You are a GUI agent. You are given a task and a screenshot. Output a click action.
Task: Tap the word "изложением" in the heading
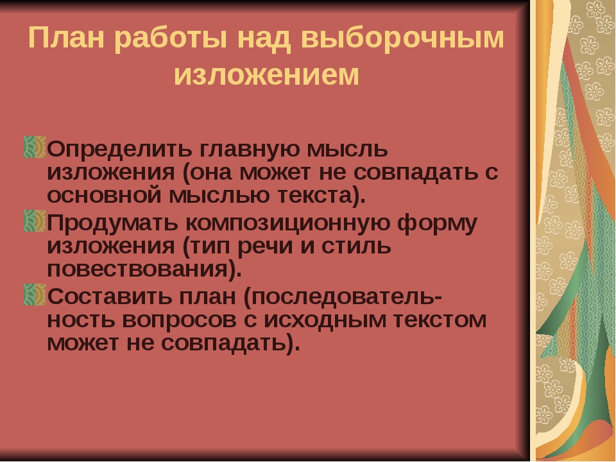267,74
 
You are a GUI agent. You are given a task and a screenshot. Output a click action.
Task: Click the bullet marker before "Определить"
35,147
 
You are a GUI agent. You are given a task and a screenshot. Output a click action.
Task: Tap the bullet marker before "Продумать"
35,221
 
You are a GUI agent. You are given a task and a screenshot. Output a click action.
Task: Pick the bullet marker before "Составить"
35,295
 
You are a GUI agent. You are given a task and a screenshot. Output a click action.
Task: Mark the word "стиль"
356,246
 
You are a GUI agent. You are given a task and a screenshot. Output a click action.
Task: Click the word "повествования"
137,269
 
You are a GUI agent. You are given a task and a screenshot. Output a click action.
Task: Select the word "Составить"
110,296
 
